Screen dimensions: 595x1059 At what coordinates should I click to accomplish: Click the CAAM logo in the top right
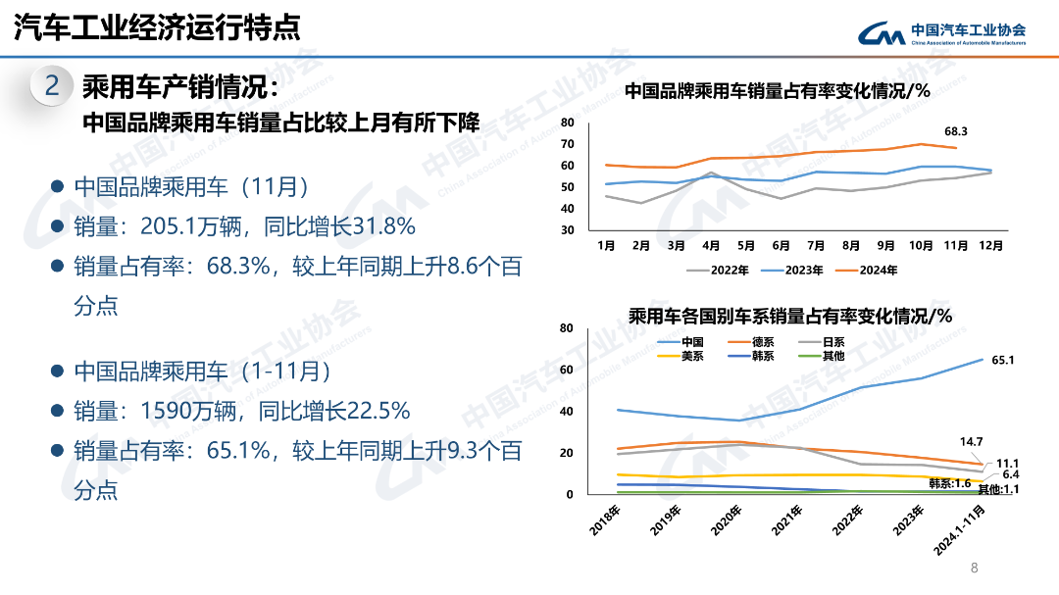tap(942, 33)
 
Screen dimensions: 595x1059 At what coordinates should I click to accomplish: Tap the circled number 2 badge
tap(53, 87)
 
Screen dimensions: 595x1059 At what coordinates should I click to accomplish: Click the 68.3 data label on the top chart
tap(956, 131)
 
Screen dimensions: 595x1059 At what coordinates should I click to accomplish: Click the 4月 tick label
tap(711, 245)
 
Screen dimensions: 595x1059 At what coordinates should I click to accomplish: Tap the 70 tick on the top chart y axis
tap(568, 144)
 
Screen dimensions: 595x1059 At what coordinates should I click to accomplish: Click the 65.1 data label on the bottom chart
tap(1002, 361)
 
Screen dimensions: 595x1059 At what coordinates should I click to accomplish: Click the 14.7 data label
tap(971, 442)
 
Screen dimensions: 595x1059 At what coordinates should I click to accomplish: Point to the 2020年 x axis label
tap(731, 519)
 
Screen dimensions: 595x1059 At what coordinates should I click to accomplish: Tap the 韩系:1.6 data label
tap(949, 483)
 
